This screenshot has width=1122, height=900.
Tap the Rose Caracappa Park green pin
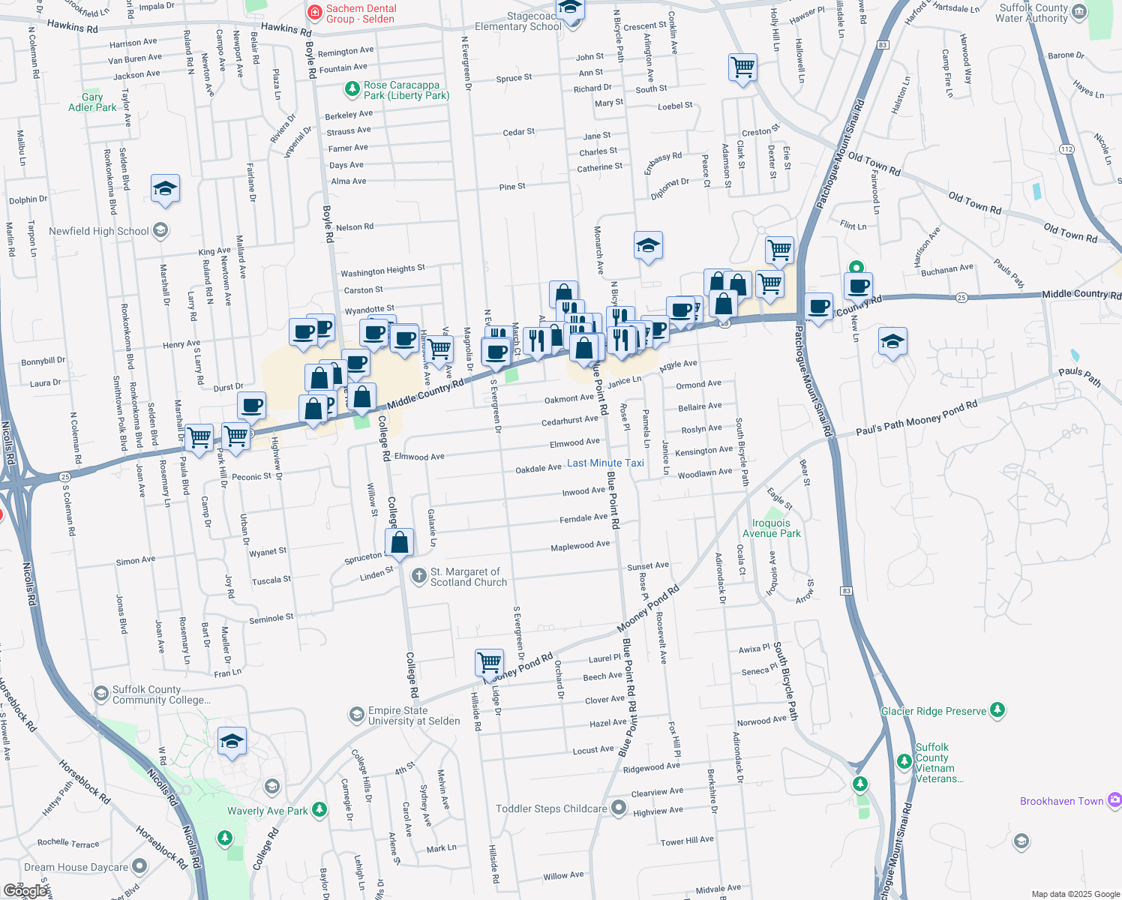point(352,89)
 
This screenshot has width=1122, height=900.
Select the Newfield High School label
point(99,231)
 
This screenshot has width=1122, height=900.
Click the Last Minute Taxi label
point(605,463)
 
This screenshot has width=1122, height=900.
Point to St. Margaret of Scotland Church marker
point(418,576)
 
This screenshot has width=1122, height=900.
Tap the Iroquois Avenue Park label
point(771,528)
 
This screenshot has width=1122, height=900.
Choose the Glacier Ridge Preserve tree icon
point(997,709)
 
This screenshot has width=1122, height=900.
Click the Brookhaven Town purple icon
point(1114,800)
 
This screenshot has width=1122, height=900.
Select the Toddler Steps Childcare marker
point(618,808)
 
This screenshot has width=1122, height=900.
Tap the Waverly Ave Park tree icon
point(319,810)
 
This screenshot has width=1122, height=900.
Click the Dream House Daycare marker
point(139,866)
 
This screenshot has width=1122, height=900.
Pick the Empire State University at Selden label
point(414,715)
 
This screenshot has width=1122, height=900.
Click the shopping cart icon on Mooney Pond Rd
point(489,663)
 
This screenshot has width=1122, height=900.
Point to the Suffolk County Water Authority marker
point(1078,12)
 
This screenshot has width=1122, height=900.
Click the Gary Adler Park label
point(92,102)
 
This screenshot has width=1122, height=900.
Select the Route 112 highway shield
point(1066,148)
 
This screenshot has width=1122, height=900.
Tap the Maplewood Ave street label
point(580,546)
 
